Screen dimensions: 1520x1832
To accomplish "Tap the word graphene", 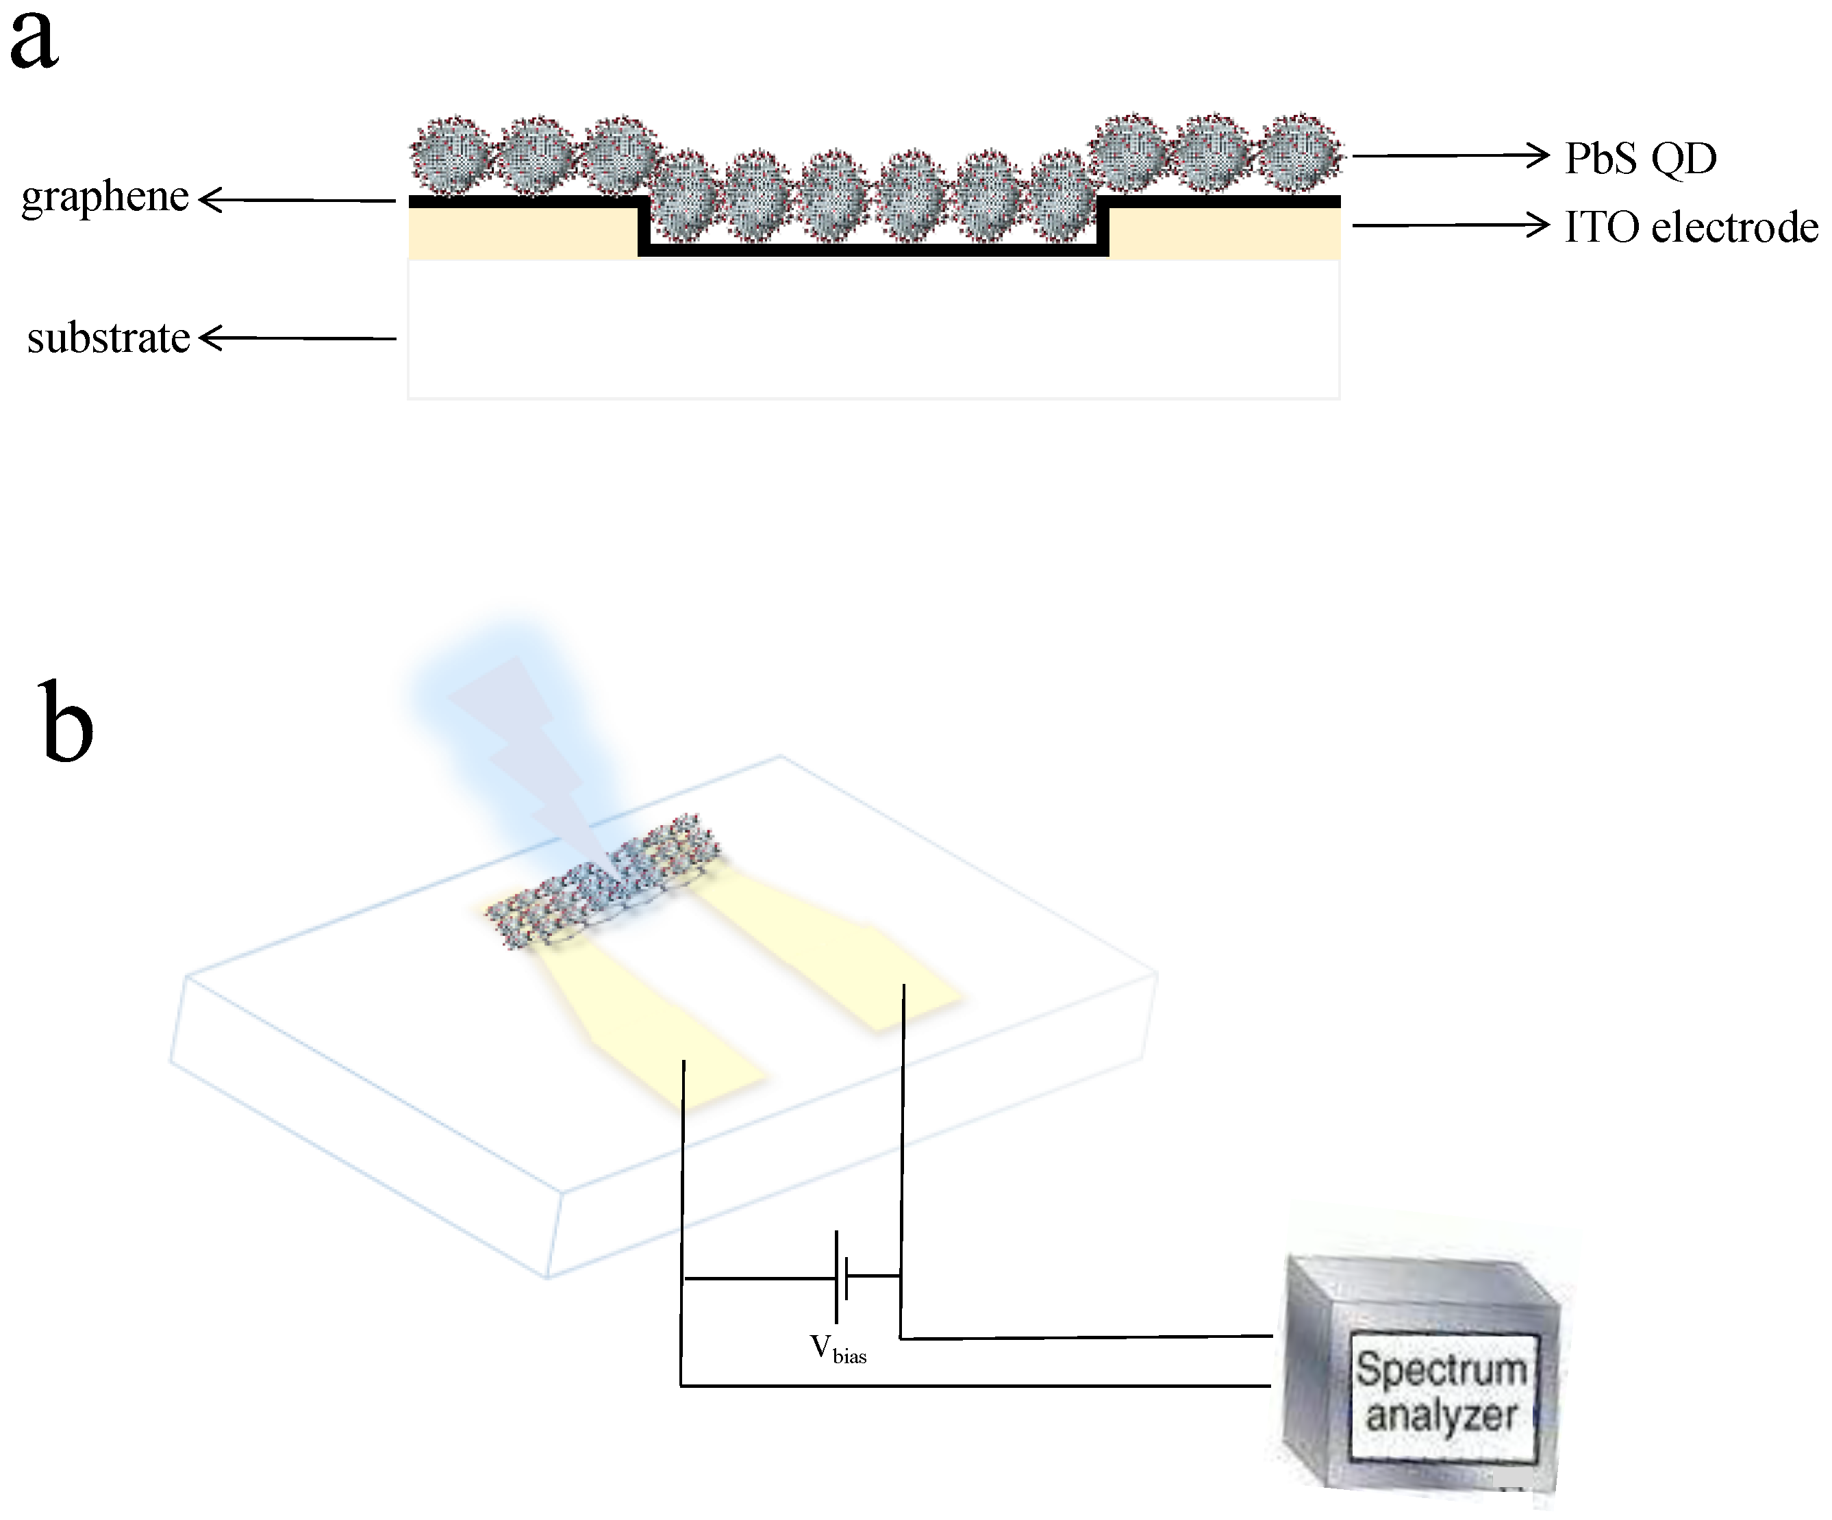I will [105, 197].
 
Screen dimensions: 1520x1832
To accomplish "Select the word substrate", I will [108, 338].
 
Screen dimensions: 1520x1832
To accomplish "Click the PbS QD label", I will [1640, 159].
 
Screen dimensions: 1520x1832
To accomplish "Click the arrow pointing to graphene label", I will [297, 201].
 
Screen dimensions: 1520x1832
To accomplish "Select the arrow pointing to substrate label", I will [297, 338].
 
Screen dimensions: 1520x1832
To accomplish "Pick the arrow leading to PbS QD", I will [1448, 156].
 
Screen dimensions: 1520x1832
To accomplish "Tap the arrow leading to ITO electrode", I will [1448, 226].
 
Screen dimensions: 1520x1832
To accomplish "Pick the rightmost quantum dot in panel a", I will [1300, 153].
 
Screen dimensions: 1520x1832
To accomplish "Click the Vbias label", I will [838, 1350].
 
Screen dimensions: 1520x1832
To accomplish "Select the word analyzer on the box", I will [1441, 1415].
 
